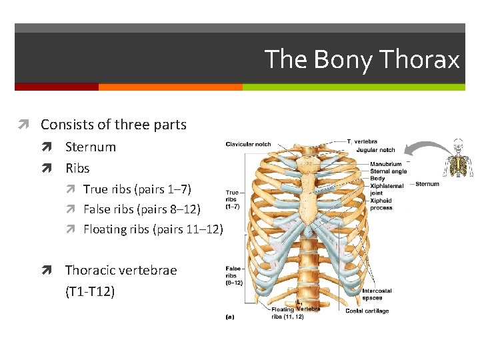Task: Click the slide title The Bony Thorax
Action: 362,60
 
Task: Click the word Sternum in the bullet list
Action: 90,147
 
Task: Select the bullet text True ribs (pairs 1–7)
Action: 137,189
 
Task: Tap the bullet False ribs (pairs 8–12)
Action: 141,209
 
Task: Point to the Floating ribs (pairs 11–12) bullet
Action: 153,229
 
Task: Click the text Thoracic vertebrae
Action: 121,270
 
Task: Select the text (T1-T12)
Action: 90,291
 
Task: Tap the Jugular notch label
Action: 375,150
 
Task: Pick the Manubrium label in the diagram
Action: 386,164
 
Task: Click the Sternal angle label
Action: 389,171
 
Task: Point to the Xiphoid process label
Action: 381,204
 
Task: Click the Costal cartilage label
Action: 367,311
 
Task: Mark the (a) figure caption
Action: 229,317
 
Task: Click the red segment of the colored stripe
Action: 57,87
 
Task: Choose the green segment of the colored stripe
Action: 353,87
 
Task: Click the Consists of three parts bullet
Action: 113,125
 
